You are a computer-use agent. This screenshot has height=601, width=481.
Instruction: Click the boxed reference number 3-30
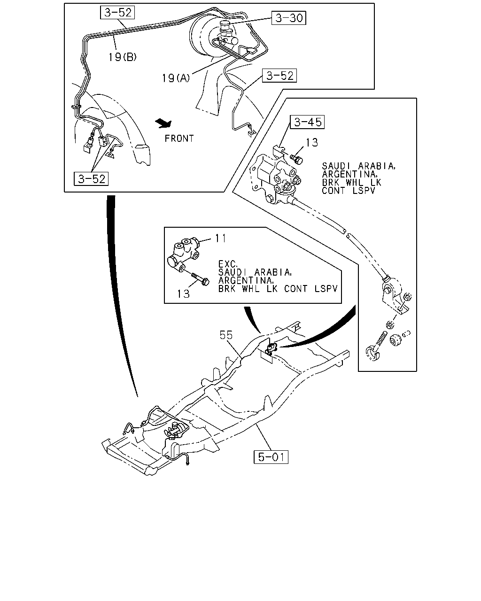tap(289, 18)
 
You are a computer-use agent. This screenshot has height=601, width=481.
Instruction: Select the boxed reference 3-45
tap(308, 122)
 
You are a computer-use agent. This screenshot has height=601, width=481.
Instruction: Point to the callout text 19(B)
tap(123, 57)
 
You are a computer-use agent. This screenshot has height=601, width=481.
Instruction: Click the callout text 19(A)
tap(176, 78)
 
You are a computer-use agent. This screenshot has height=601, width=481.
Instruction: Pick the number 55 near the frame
tap(226, 335)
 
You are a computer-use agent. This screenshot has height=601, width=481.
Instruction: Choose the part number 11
tap(220, 238)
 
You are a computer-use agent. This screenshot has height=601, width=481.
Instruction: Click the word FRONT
tap(179, 139)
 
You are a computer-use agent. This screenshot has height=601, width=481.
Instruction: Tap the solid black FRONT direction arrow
tap(164, 123)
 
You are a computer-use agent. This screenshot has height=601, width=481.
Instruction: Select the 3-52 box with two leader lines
tap(91, 179)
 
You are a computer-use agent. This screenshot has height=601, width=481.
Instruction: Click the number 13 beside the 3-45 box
tap(312, 142)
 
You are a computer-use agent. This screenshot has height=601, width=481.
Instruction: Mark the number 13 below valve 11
tap(183, 294)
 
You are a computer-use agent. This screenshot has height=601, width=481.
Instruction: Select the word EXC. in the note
tap(227, 264)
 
